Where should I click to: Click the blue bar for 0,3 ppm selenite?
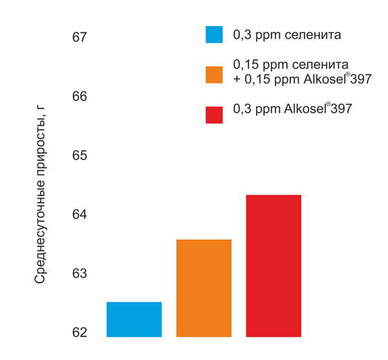[134, 319]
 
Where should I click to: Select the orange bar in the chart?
[204, 288]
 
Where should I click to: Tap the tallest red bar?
[274, 265]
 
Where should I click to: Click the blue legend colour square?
[214, 34]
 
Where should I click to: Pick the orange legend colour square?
[214, 74]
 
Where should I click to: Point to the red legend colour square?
[214, 115]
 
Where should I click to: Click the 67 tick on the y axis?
[79, 38]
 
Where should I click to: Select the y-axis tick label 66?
[79, 96]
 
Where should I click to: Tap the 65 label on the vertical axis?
[79, 156]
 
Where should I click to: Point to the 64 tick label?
[79, 215]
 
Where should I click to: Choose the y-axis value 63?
[79, 274]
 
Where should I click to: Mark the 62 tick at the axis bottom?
[79, 333]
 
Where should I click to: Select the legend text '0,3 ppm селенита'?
[286, 35]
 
